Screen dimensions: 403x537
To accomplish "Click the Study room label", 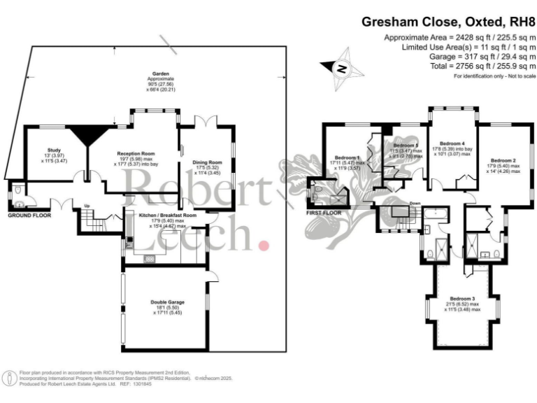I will (x=53, y=150).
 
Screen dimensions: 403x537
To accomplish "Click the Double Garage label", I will (x=167, y=302).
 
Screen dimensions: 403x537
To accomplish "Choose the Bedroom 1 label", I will (x=348, y=157).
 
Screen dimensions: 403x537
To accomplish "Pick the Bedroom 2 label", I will (x=503, y=160).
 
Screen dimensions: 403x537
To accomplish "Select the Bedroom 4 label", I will (x=449, y=143).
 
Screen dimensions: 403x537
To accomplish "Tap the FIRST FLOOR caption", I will (x=324, y=212).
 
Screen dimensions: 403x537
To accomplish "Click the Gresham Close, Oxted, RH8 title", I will (x=447, y=22).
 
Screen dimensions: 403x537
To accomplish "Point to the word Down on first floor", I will (x=415, y=204).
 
